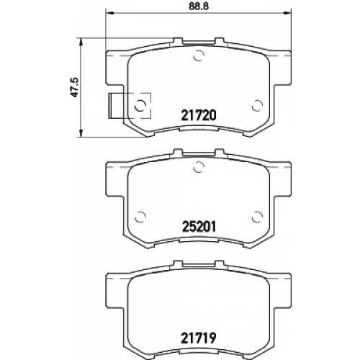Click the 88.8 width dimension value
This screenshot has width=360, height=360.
tap(199, 6)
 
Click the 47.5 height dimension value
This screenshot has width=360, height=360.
tap(76, 87)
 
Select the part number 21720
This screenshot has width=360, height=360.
tap(199, 115)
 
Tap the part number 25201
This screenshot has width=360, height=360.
tap(199, 227)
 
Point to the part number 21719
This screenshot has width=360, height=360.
tap(199, 338)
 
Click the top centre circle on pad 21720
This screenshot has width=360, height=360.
tap(199, 56)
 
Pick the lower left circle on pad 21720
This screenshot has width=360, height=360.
tap(140, 106)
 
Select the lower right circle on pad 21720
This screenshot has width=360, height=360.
tap(257, 106)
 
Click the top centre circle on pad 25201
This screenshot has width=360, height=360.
tap(199, 167)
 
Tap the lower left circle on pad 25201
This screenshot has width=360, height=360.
tap(140, 217)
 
